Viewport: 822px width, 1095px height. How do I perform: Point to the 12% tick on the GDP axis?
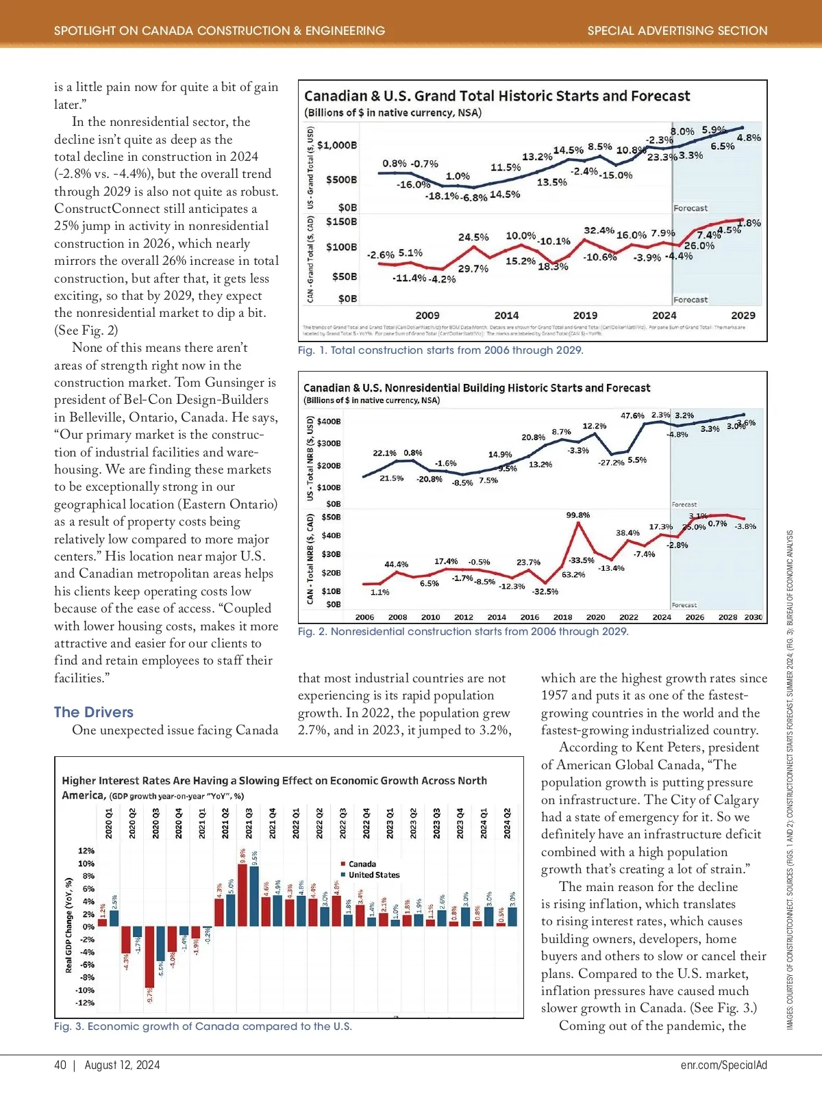pos(86,851)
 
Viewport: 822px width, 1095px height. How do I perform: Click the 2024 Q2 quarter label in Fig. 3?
pos(508,823)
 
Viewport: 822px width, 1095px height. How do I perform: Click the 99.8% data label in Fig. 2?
pos(578,515)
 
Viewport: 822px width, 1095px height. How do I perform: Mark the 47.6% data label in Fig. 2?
pos(632,415)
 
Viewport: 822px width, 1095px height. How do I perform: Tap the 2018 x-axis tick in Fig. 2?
pos(562,617)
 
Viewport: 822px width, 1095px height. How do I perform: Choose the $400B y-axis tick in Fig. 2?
pos(329,422)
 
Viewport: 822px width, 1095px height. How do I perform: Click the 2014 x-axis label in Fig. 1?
pos(506,315)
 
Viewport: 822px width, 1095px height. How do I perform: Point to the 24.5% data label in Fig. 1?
pos(473,237)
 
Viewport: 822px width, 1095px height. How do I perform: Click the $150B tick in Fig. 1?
pos(341,222)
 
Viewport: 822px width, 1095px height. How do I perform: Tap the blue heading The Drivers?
pos(94,712)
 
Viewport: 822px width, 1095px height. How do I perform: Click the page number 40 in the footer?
pos(60,1065)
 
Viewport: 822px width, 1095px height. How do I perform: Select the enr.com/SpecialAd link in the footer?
pos(724,1065)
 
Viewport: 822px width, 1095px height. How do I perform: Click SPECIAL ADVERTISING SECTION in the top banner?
pos(677,31)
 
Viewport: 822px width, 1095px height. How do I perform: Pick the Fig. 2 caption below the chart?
pos(462,632)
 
